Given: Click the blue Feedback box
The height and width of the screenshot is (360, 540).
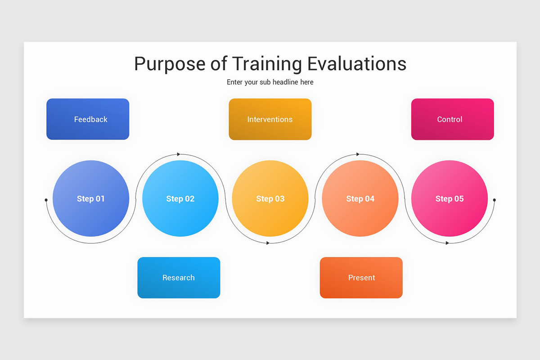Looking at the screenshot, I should (88, 119).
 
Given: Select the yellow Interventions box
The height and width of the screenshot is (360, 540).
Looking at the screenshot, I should (270, 119).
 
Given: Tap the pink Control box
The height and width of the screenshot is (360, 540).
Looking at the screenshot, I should (452, 119).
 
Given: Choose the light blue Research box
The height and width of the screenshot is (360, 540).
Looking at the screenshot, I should (179, 278).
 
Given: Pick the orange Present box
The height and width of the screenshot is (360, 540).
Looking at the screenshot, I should (361, 278).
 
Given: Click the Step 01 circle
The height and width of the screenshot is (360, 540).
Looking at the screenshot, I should (91, 198).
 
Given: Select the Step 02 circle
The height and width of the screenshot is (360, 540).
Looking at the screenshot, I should (180, 198).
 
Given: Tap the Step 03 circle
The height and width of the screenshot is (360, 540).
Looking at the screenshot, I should (270, 198).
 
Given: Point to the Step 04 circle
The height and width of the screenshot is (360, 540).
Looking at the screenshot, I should (360, 198).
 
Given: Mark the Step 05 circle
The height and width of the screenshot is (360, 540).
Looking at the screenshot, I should (450, 198).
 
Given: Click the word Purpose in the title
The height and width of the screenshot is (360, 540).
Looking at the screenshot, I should (169, 64).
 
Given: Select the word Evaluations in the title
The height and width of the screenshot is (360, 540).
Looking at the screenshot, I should (356, 64).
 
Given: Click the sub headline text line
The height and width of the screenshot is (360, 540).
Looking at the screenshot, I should (270, 82).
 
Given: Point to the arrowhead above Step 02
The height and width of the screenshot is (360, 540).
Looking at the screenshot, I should (179, 154).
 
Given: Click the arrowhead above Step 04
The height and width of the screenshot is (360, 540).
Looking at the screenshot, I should (358, 154).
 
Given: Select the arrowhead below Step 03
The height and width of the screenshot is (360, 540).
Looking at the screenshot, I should (268, 243).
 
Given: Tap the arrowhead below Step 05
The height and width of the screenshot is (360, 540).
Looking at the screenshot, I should (447, 243).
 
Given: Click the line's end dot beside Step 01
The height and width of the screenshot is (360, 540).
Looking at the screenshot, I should (46, 200).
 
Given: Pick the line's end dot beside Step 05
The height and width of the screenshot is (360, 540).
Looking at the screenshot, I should (494, 200).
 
